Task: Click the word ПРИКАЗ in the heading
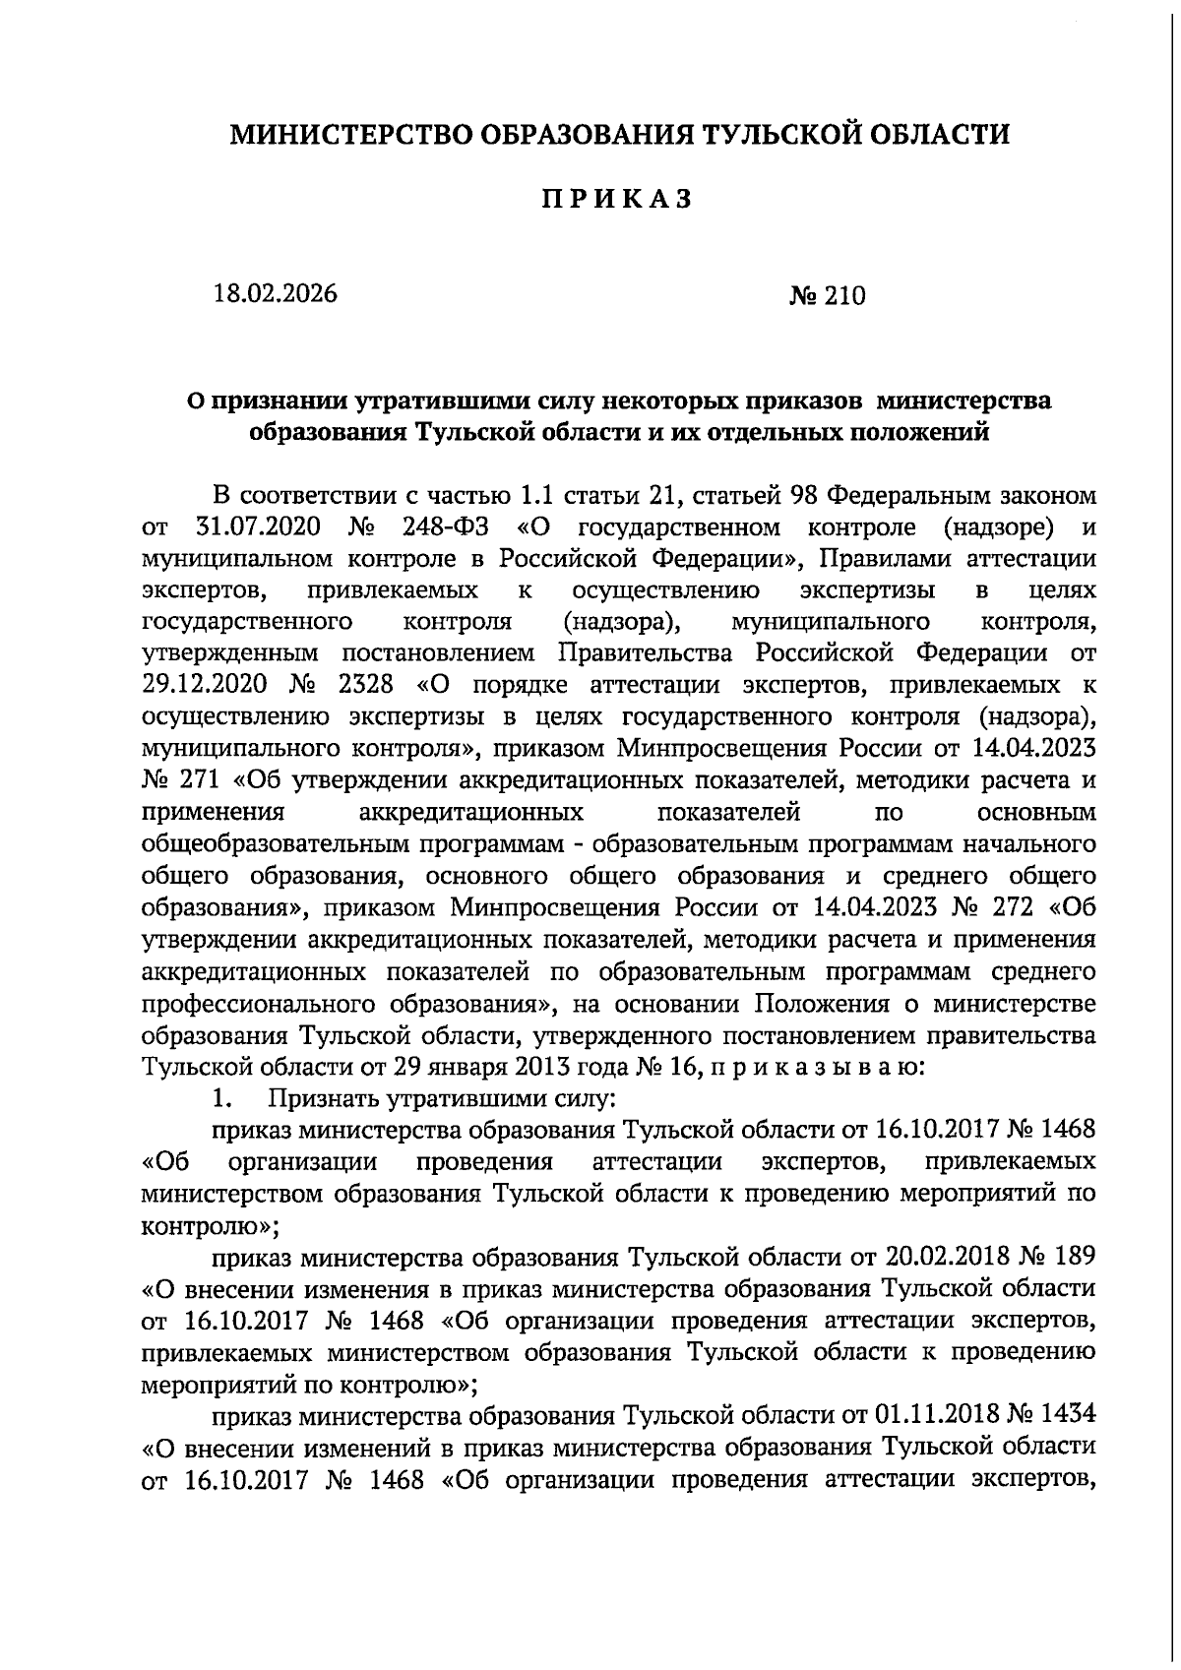pyautogui.click(x=618, y=200)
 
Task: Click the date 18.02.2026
pyautogui.click(x=276, y=294)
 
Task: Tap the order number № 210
pyautogui.click(x=827, y=295)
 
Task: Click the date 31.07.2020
pyautogui.click(x=259, y=526)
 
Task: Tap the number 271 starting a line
pyautogui.click(x=204, y=780)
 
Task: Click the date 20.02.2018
pyautogui.click(x=935, y=1258)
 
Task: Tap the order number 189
pyautogui.click(x=1073, y=1258)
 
